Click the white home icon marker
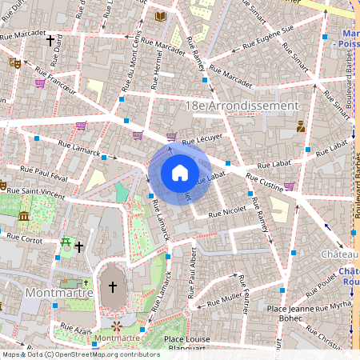pos(180,173)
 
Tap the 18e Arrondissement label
pos(241,106)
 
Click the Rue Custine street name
pos(264,180)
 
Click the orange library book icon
pos(160,16)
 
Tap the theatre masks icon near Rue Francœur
pos(14,62)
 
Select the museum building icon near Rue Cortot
pos(24,216)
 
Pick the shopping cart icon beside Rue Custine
pos(289,186)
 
